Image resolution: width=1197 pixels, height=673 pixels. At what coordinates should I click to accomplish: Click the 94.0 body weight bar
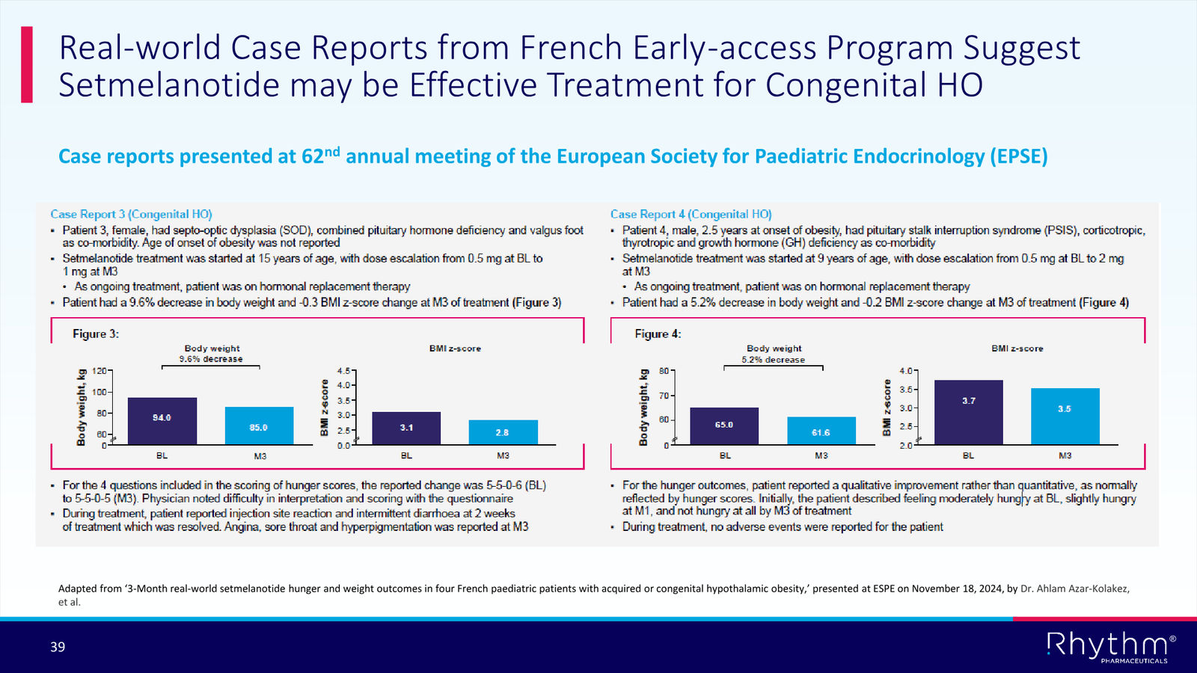click(162, 421)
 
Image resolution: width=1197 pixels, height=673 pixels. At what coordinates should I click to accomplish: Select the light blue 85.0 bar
click(259, 425)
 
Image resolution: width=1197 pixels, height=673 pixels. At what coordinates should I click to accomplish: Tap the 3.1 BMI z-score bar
click(406, 428)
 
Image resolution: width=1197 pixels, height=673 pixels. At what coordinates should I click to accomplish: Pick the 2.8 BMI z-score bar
click(503, 432)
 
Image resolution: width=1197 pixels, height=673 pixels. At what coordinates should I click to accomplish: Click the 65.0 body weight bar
click(724, 425)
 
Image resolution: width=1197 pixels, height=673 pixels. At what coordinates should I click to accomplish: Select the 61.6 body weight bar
click(821, 431)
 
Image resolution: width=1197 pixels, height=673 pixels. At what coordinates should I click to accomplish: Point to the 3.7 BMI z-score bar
click(968, 412)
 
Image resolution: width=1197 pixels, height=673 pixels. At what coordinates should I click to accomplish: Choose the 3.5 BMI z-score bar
click(1065, 416)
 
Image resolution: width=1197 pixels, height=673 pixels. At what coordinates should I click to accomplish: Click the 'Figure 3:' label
click(96, 334)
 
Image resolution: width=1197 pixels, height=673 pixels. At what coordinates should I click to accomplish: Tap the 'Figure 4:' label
click(658, 334)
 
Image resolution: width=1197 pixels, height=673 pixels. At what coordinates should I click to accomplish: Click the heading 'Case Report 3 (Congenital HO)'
click(131, 214)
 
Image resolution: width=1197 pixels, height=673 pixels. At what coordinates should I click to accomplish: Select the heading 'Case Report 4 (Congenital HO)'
click(691, 214)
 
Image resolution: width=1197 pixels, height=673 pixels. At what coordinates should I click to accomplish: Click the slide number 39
click(58, 647)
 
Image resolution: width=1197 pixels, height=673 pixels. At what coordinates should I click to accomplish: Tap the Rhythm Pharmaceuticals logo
click(1110, 647)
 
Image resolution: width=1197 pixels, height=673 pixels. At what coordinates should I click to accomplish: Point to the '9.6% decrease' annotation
click(211, 359)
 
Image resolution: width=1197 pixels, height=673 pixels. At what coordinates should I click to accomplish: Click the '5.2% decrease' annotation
click(774, 360)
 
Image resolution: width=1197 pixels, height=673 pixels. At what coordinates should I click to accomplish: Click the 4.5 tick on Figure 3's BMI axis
click(343, 370)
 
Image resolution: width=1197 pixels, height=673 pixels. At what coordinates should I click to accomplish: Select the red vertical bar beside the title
click(27, 64)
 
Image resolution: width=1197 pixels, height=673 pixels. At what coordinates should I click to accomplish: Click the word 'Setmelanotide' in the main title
click(169, 84)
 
